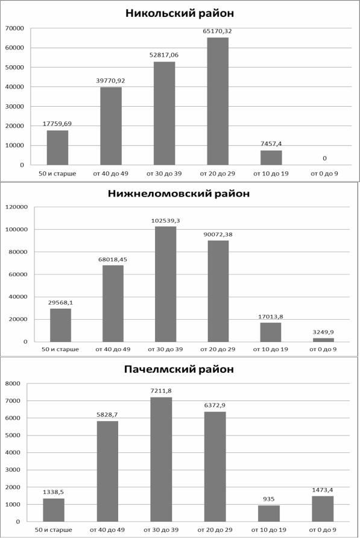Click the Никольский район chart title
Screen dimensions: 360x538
pyautogui.click(x=180, y=13)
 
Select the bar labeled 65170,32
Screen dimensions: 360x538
pyautogui.click(x=218, y=101)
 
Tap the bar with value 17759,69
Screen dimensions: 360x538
pyautogui.click(x=57, y=148)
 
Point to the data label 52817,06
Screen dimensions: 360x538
pyautogui.click(x=164, y=55)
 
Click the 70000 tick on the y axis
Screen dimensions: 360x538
pyautogui.click(x=14, y=28)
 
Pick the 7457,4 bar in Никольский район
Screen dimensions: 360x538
pyautogui.click(x=271, y=157)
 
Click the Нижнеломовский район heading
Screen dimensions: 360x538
pyautogui.click(x=179, y=194)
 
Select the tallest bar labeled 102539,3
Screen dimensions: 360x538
pyautogui.click(x=165, y=284)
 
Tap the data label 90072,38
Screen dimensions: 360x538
pyautogui.click(x=218, y=235)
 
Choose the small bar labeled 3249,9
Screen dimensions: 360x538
pyautogui.click(x=323, y=340)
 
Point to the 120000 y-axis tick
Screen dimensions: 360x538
pyautogui.click(x=16, y=207)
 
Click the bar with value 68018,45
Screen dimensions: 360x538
pyautogui.click(x=113, y=303)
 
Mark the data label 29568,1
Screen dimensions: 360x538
pyautogui.click(x=60, y=303)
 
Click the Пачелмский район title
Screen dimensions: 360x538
pyautogui.click(x=179, y=369)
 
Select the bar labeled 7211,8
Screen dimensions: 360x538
pyautogui.click(x=161, y=460)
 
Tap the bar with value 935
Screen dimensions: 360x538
pyautogui.click(x=269, y=514)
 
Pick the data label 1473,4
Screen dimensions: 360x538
pyautogui.click(x=323, y=490)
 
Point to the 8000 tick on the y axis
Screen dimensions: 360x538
pyautogui.click(x=13, y=384)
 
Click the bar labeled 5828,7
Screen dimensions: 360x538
pyautogui.click(x=107, y=472)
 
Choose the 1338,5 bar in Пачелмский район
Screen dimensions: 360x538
pyautogui.click(x=54, y=510)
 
